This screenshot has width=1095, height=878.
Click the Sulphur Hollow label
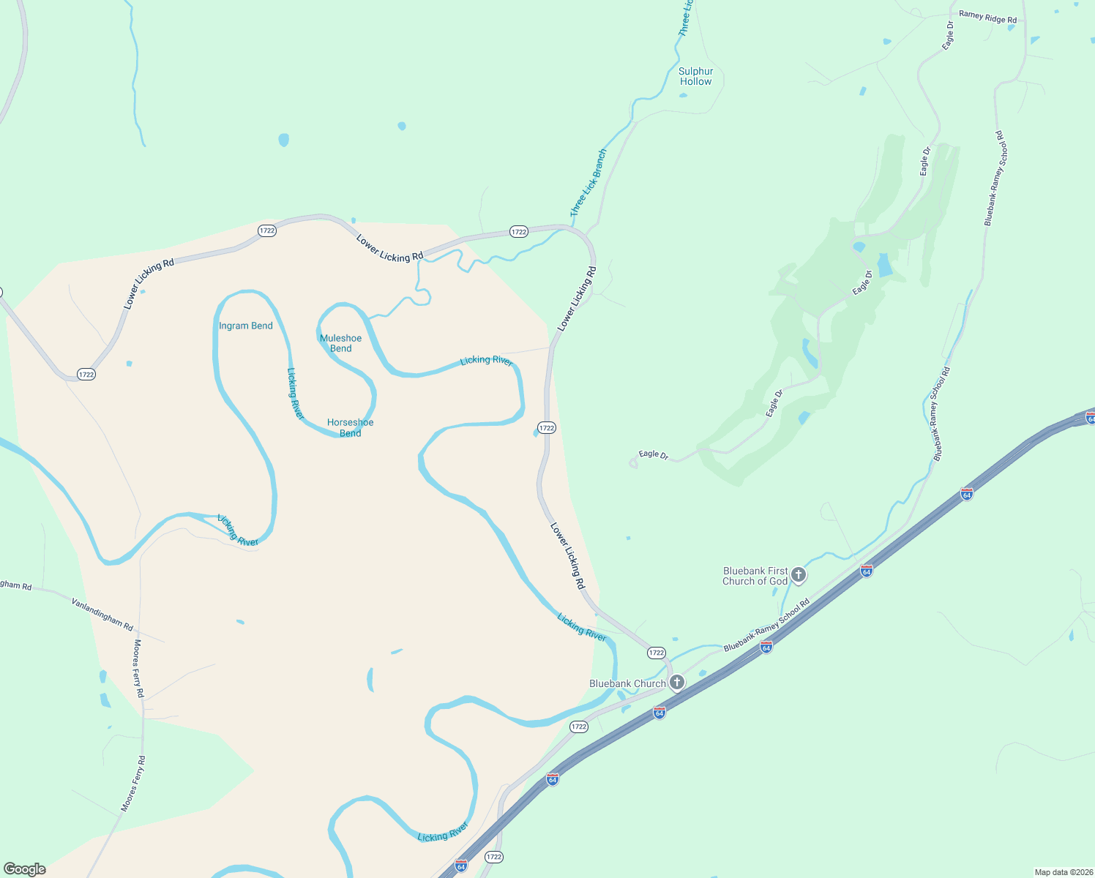pos(695,76)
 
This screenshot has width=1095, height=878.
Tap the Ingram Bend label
pos(246,326)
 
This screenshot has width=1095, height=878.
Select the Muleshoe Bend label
pos(341,343)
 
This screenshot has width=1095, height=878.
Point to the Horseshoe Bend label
pos(351,427)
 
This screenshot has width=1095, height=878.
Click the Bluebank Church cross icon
pos(677,683)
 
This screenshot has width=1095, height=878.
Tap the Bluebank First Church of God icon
pos(799,575)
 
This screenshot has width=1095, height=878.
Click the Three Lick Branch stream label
pos(588,183)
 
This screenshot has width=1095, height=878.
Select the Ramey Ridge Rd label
pos(987,16)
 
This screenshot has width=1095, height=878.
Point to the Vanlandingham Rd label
pos(102,614)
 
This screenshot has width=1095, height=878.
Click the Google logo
pos(25,869)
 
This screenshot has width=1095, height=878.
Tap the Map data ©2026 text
pos(1063,872)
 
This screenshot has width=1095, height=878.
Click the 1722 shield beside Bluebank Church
pos(656,653)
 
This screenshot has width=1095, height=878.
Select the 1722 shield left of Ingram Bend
pos(86,375)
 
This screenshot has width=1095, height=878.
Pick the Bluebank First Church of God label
pos(755,576)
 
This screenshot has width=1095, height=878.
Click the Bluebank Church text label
pos(628,683)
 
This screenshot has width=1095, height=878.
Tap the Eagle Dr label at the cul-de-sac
pos(653,454)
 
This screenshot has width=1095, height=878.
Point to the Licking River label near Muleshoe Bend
pos(486,361)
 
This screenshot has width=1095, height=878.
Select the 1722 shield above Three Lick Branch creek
pos(519,232)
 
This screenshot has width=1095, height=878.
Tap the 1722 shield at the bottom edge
pos(494,857)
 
